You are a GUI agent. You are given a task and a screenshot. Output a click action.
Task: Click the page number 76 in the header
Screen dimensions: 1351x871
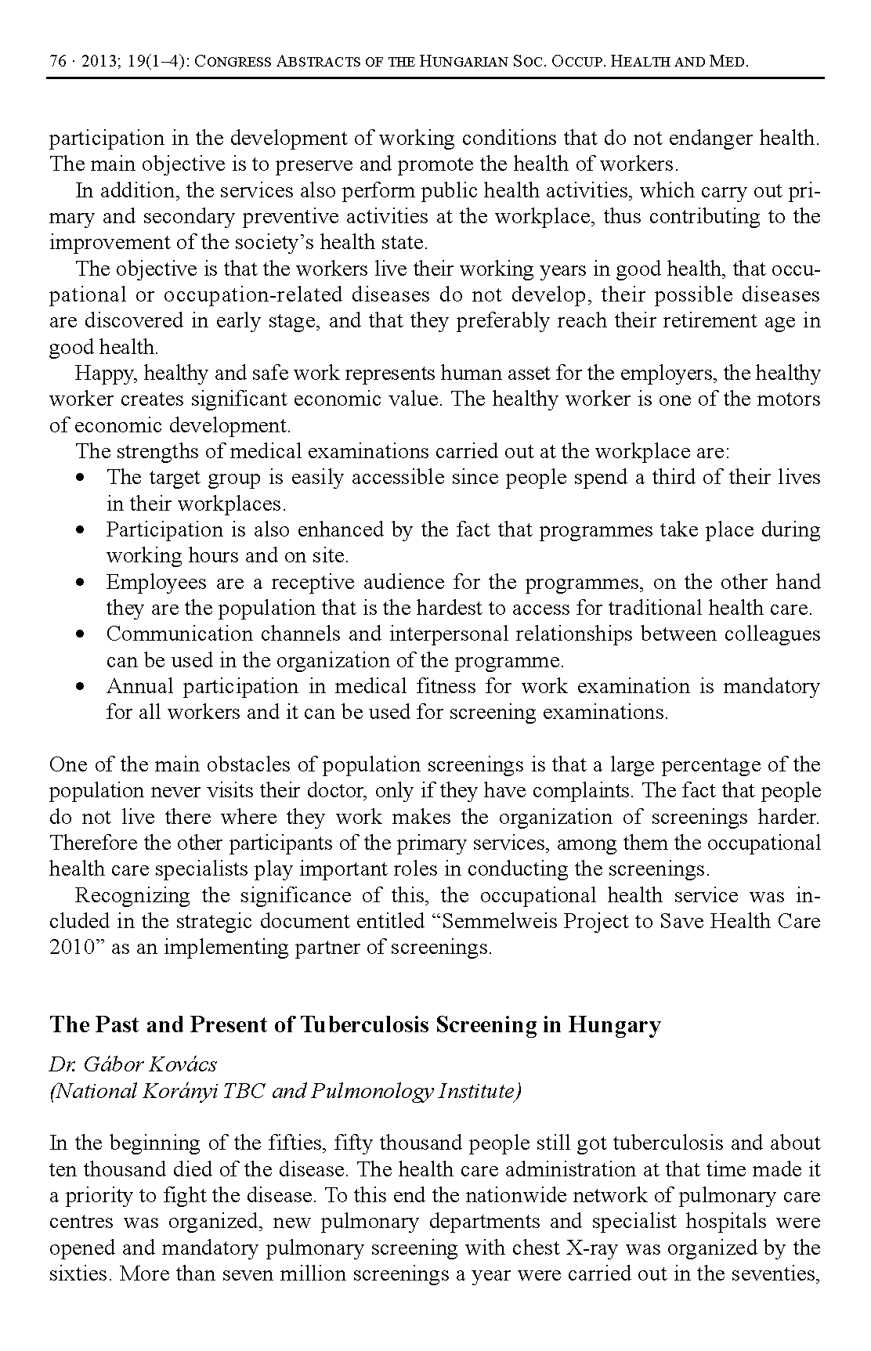[58, 62]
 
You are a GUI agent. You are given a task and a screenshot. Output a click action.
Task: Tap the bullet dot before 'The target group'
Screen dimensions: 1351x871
[81, 478]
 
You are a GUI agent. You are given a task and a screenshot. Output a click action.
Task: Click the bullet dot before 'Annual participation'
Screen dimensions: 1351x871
[81, 687]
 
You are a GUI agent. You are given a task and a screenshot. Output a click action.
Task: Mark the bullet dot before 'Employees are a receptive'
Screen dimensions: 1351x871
[81, 583]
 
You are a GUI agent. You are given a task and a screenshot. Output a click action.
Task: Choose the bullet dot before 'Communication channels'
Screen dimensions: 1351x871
[81, 634]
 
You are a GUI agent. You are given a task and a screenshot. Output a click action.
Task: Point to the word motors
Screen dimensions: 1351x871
[788, 399]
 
